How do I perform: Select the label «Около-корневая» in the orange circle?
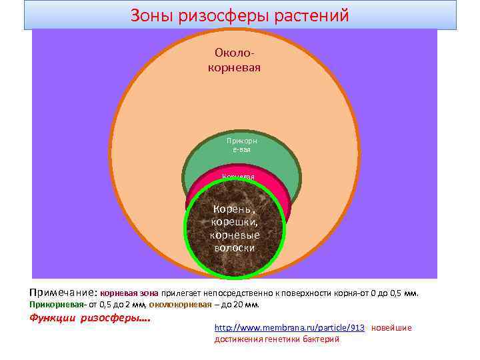pyautogui.click(x=235, y=60)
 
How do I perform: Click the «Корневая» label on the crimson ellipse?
pyautogui.click(x=238, y=177)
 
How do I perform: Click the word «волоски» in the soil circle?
pyautogui.click(x=235, y=247)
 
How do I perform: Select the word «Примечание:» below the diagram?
pyautogui.click(x=63, y=293)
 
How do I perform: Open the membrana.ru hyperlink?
pyautogui.click(x=289, y=328)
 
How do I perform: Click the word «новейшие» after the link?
pyautogui.click(x=391, y=328)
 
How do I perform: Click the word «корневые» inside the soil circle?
pyautogui.click(x=235, y=235)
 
